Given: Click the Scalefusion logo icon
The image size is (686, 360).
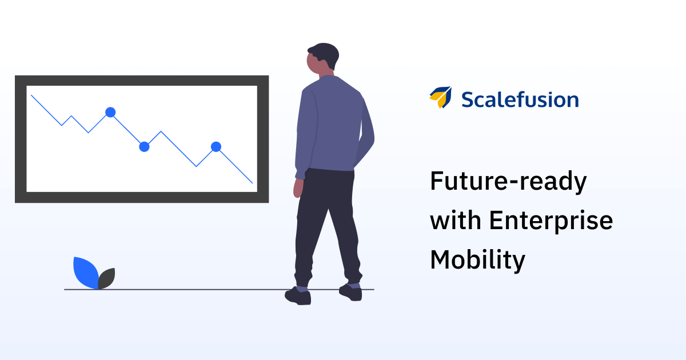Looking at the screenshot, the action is (x=441, y=97).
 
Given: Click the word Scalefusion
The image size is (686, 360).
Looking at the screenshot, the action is (x=520, y=99).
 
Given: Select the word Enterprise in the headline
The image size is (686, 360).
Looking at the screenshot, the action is (x=551, y=221).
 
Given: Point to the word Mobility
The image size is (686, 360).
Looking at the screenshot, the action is (x=478, y=260).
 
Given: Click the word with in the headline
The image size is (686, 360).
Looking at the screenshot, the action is (x=456, y=220).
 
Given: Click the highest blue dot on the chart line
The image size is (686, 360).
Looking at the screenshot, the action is (x=110, y=113).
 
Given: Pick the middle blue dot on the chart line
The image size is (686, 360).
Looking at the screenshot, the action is (x=144, y=147).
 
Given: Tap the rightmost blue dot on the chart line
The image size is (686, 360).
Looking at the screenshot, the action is (x=216, y=147).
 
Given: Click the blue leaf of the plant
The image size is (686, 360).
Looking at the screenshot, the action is (x=85, y=273).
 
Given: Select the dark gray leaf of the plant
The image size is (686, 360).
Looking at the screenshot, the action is (x=106, y=279).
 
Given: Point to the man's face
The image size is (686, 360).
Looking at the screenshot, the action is (x=314, y=63).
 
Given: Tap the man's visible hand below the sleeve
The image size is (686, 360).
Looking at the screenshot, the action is (x=298, y=188).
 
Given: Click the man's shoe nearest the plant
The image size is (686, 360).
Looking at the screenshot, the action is (x=298, y=296).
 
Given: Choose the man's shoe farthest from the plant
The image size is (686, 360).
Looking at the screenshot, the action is (x=351, y=293).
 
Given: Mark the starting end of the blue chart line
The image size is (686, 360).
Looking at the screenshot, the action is (x=31, y=95).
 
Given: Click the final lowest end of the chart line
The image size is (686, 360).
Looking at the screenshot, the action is (x=253, y=183).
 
